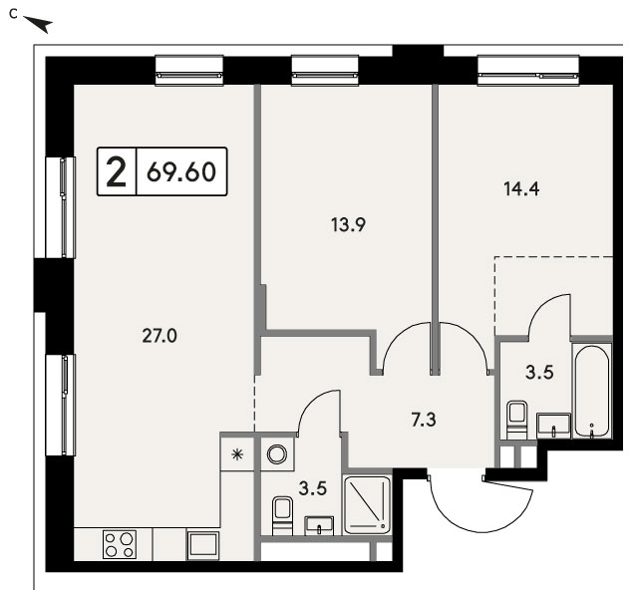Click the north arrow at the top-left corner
(38, 24)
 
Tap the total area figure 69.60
(181, 171)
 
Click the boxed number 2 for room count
(116, 171)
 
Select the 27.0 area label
(159, 336)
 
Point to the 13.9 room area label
(349, 224)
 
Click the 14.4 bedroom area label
(521, 188)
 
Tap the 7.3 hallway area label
(424, 420)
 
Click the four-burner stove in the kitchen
(120, 544)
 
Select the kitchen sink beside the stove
(203, 545)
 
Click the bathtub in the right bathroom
(592, 391)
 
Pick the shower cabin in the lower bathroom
(367, 504)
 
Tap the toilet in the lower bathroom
(282, 515)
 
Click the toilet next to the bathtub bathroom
(517, 420)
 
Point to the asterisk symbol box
(237, 454)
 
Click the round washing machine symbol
(277, 454)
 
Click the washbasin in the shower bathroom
(319, 525)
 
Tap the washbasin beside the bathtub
(554, 426)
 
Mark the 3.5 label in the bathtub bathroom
(539, 373)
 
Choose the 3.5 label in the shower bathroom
(313, 488)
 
